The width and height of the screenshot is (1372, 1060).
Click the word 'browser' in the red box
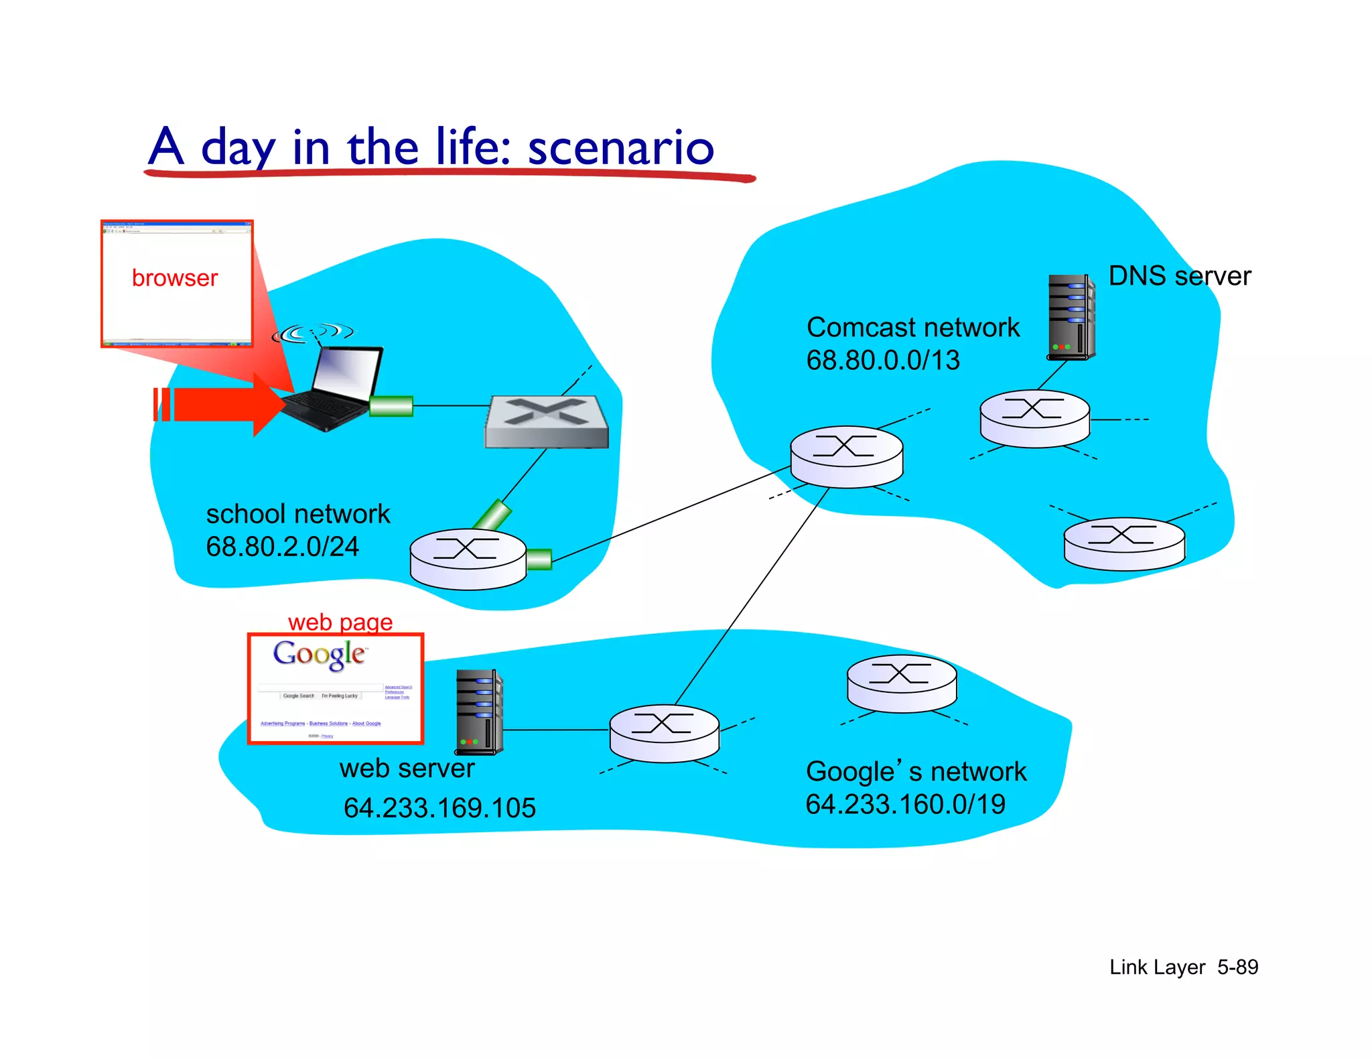[175, 278]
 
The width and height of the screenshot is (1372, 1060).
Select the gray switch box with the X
[547, 421]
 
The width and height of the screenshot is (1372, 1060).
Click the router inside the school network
[468, 559]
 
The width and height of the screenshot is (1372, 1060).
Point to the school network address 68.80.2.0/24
[282, 547]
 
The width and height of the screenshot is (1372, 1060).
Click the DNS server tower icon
[1071, 317]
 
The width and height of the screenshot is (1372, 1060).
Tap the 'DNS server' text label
[1179, 276]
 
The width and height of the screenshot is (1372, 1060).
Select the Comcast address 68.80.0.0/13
[882, 360]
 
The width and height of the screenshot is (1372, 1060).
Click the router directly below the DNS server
[1034, 418]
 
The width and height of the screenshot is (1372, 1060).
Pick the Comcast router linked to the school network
[846, 456]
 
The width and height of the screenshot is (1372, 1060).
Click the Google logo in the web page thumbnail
[320, 654]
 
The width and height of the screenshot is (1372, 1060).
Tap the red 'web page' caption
[340, 622]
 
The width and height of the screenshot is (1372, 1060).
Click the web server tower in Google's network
[479, 712]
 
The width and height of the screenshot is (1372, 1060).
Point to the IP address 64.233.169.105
[439, 807]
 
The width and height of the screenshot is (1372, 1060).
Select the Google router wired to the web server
[664, 733]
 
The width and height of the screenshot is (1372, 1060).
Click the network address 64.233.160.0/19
[905, 804]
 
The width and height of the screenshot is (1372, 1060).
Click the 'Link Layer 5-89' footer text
[1183, 967]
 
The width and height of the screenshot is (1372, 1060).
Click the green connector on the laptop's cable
[391, 406]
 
